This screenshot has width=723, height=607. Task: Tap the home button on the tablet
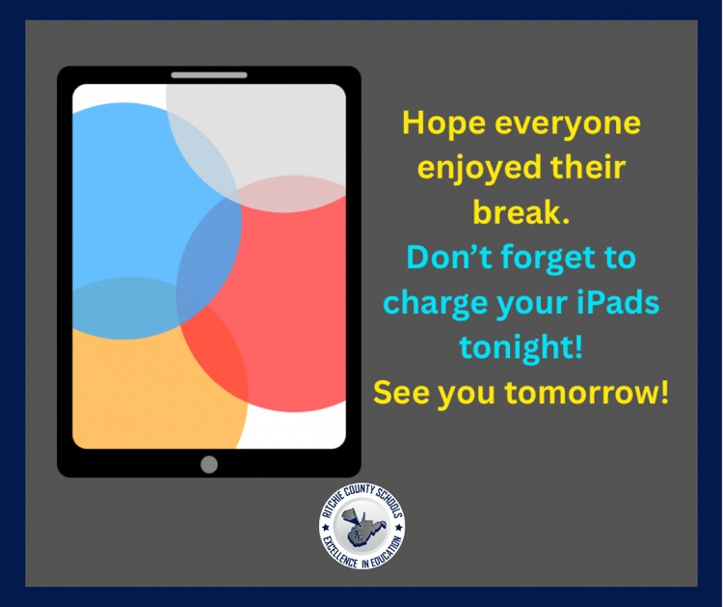[x=209, y=464]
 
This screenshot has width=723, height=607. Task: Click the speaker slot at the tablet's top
[x=209, y=74]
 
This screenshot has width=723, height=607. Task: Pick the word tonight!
[x=521, y=347]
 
